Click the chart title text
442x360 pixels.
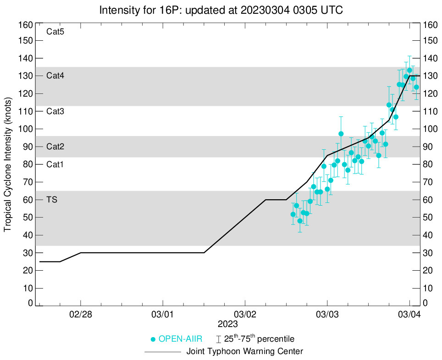click(221, 10)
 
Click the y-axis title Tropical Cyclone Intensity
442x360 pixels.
click(8, 164)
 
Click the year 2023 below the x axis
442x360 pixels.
click(227, 324)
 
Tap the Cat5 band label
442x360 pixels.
click(55, 32)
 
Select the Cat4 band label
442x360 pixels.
click(55, 76)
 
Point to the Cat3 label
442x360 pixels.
click(55, 111)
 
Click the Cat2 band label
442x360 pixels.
click(55, 147)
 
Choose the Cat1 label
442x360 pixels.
click(55, 164)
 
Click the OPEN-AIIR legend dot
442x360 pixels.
click(153, 339)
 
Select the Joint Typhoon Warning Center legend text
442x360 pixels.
click(245, 352)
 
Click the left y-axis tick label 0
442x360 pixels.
click(30, 303)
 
